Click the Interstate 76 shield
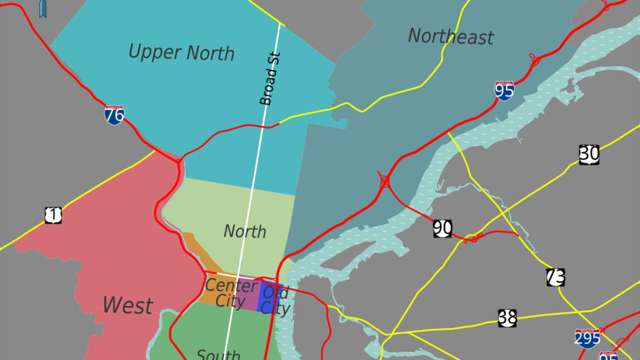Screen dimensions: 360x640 [114, 115]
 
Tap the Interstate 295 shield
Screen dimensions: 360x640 [587, 338]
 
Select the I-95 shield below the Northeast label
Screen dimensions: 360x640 [504, 91]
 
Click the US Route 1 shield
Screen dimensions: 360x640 [53, 215]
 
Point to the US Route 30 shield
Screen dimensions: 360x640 [589, 155]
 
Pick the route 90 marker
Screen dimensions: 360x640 [442, 228]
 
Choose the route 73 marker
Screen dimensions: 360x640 [555, 277]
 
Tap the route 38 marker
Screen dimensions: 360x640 [507, 318]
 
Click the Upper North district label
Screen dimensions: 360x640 [181, 53]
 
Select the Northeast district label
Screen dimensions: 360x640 [451, 37]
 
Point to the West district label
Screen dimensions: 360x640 [127, 306]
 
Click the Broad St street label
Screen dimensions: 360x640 [270, 78]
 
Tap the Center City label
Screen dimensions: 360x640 [231, 293]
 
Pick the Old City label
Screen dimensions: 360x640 [275, 300]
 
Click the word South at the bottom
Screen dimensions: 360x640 [218, 355]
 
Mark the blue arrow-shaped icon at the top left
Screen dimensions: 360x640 [43, 8]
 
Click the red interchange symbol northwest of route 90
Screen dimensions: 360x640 [384, 180]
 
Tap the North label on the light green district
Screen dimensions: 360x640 [245, 232]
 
